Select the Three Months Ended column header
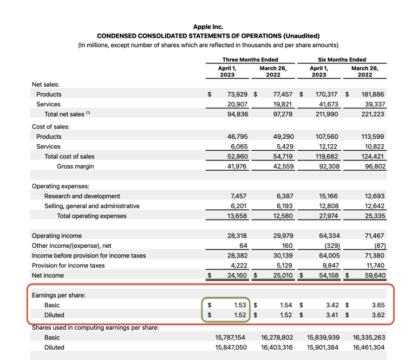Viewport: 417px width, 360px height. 250,60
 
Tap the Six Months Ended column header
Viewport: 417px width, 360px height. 342,60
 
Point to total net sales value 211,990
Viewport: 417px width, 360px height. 327,114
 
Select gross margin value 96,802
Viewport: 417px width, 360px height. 373,166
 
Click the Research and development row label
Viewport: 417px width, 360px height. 82,196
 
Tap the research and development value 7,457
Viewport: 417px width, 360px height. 238,196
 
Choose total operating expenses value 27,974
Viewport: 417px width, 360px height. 329,216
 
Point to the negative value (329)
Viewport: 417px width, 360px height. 330,246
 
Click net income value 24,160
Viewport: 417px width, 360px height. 236,275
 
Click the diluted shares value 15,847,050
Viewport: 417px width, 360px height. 231,347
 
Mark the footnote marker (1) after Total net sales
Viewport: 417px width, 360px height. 87,113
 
